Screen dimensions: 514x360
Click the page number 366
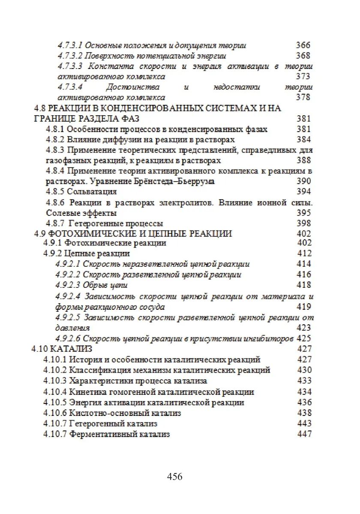303,45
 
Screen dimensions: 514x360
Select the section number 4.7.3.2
70,56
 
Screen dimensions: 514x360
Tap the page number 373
303,77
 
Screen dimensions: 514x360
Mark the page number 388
303,161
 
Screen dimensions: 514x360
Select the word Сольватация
92,191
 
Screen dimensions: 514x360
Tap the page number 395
303,213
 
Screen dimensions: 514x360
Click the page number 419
303,307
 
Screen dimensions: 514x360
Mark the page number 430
304,370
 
